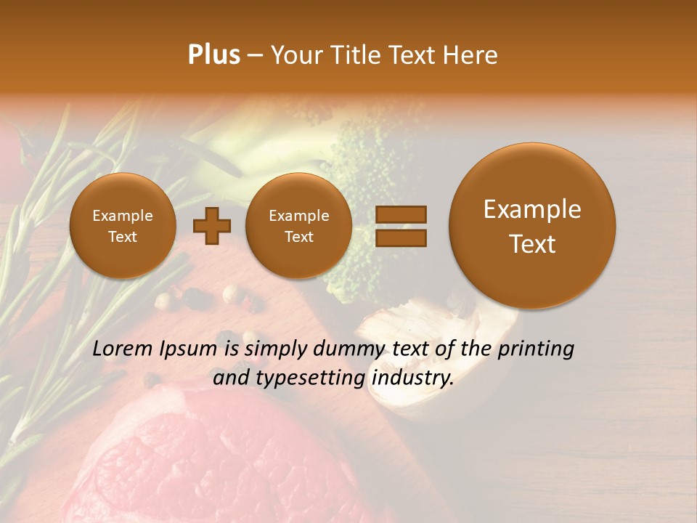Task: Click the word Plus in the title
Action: click(x=213, y=55)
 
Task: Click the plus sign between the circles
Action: click(x=212, y=226)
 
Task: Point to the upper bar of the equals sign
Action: click(x=401, y=214)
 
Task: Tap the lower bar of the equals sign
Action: click(x=401, y=238)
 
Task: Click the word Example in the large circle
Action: click(x=532, y=210)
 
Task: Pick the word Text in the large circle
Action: click(x=532, y=244)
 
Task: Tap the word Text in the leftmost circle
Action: click(x=123, y=237)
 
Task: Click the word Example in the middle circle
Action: click(x=298, y=216)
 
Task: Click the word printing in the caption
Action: click(x=536, y=349)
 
